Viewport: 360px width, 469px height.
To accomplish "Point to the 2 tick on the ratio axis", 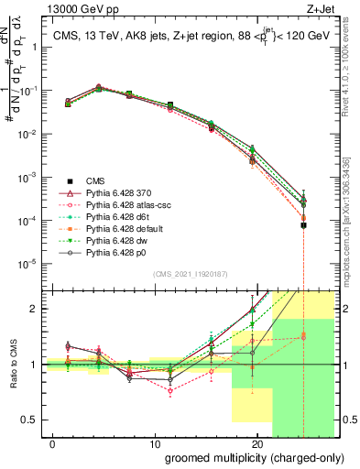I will [33, 309].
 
